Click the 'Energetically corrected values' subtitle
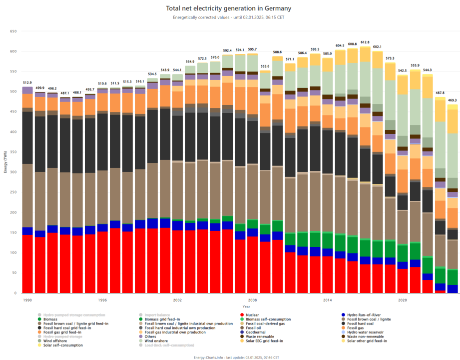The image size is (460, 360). click(228, 17)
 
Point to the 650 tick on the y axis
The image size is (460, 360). click(13, 31)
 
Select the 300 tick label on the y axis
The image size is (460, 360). click(13, 172)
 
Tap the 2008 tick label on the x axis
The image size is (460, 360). click(252, 300)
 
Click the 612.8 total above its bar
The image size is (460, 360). click(365, 42)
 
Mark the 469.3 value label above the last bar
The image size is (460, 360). click(453, 100)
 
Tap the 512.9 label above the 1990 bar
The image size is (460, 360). click(27, 82)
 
